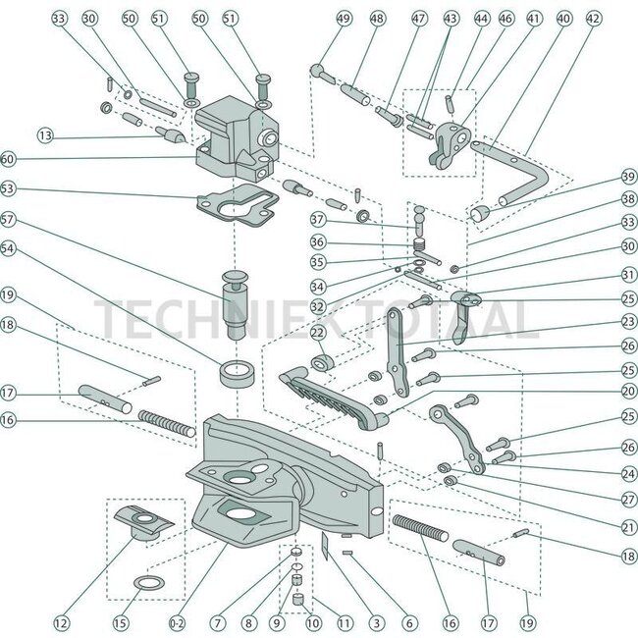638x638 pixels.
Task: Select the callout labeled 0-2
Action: click(x=178, y=621)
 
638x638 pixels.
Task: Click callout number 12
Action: click(x=62, y=621)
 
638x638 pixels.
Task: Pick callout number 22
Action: click(x=317, y=335)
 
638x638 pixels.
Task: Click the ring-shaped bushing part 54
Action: click(x=238, y=374)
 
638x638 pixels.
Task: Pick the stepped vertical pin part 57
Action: click(x=238, y=299)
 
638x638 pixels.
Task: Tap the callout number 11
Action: click(x=343, y=621)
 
